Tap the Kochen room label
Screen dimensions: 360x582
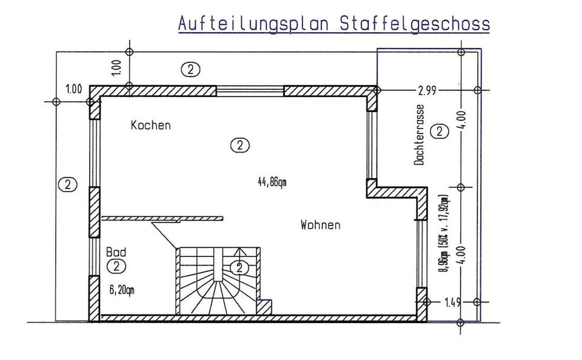(151, 125)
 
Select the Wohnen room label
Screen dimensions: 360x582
(320, 225)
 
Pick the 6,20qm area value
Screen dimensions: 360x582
(122, 290)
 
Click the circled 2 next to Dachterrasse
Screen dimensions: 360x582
(438, 131)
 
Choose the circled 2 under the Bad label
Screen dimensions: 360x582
(115, 265)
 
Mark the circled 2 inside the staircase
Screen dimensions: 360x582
(240, 267)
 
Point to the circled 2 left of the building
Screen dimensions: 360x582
(69, 185)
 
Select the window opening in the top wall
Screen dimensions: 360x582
(250, 91)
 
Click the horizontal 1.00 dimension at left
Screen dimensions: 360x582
(73, 90)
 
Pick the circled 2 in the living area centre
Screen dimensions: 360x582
(240, 145)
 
